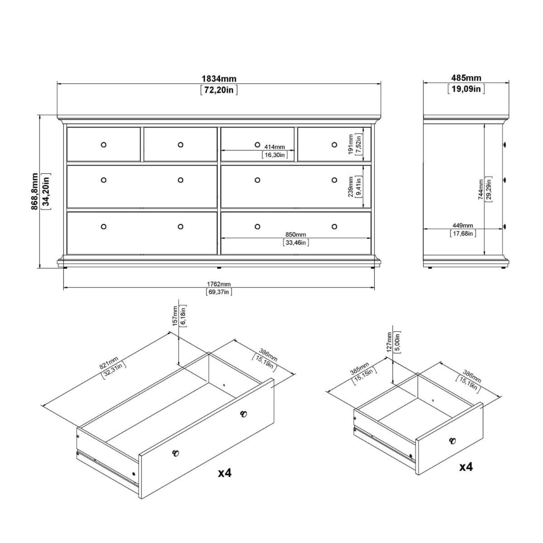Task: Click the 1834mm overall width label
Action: click(x=219, y=78)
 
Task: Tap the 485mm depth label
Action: click(x=466, y=78)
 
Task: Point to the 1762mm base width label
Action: click(x=219, y=284)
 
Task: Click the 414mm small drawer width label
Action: click(x=274, y=147)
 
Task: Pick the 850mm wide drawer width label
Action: click(x=296, y=234)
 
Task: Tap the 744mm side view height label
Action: click(x=481, y=190)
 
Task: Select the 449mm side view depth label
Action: click(x=463, y=225)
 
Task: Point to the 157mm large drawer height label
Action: click(x=175, y=316)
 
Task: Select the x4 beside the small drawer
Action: click(x=466, y=467)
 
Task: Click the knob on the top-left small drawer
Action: click(x=103, y=145)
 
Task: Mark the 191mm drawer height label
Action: click(x=351, y=144)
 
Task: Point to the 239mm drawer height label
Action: click(x=351, y=187)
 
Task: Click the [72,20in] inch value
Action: click(x=219, y=90)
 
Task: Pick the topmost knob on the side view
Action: click(x=504, y=144)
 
